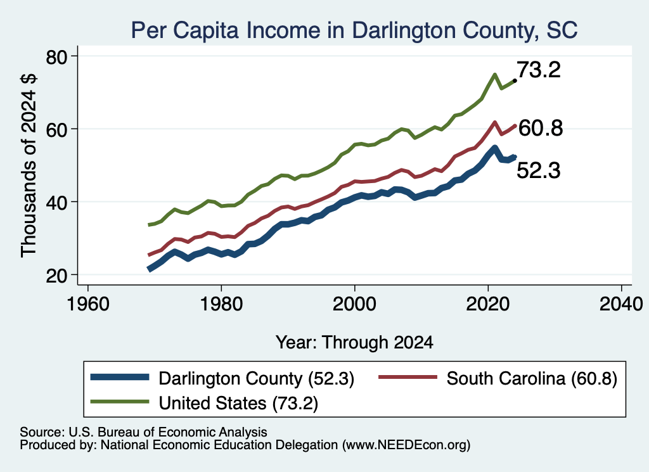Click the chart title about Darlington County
(x=354, y=30)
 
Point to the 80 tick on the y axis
(x=56, y=56)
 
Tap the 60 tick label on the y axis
(x=56, y=129)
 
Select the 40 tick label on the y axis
(x=56, y=202)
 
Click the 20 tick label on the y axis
(x=56, y=275)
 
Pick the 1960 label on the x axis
(x=87, y=304)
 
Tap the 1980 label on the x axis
(x=221, y=304)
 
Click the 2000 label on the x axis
(x=355, y=304)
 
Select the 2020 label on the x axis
(x=488, y=304)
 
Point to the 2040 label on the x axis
(x=621, y=304)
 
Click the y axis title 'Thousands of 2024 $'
(x=29, y=165)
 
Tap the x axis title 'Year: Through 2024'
(x=355, y=343)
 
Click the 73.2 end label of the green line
(x=539, y=70)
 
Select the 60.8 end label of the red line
(x=541, y=128)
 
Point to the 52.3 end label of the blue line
(x=539, y=170)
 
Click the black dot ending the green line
(x=515, y=80)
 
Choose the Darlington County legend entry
(x=222, y=378)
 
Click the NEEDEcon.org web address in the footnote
(x=406, y=445)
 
